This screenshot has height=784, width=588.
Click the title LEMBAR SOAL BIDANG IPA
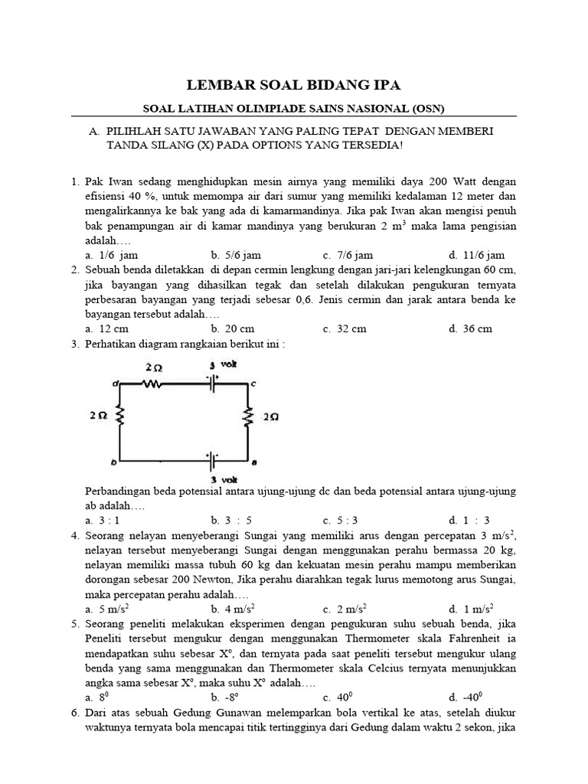click(293, 85)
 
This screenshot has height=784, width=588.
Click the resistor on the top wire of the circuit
click(153, 385)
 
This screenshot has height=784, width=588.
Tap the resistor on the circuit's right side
click(249, 417)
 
